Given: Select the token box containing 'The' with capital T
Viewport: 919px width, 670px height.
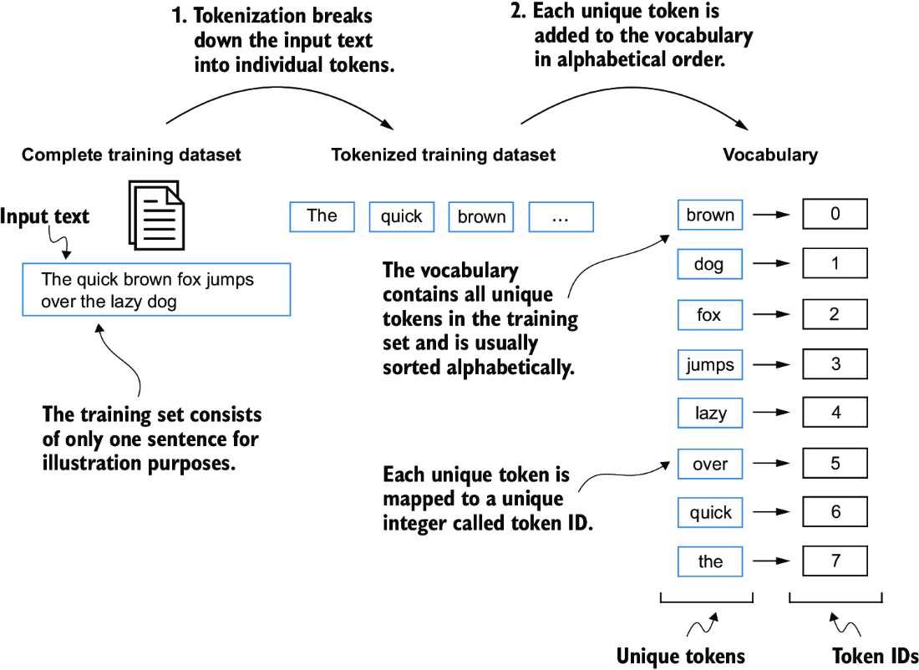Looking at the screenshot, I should pos(322,216).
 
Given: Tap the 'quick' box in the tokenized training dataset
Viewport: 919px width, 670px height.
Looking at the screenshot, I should pos(402,216).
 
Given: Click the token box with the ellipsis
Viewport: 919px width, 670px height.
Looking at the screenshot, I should pos(561,216).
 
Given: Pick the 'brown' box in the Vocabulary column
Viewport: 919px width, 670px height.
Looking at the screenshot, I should pos(710,215).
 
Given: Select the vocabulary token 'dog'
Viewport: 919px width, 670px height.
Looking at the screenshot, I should pos(710,264).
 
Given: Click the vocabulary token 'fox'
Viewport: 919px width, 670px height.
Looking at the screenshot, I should pos(710,315).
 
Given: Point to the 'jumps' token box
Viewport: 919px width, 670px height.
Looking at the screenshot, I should pos(710,364).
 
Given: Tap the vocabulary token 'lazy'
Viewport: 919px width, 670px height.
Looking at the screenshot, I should pos(710,413).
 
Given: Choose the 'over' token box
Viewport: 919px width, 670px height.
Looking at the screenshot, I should pos(710,464).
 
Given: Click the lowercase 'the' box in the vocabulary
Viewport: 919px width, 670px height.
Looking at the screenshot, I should pos(710,561).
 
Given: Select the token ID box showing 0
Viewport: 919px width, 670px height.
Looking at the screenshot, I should pos(835,214).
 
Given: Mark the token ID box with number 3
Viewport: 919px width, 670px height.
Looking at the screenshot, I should pos(835,364).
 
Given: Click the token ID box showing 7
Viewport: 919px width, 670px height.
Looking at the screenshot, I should pos(835,561).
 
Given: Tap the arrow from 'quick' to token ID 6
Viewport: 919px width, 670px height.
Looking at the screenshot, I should pos(771,513).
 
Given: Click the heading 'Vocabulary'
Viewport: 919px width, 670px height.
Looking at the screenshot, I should pos(770,155).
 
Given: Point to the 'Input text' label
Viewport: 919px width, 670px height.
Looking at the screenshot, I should pos(44,217).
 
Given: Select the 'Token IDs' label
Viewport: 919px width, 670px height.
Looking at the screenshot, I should pos(875,656).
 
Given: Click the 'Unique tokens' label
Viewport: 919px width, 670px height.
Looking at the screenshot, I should pos(680,656).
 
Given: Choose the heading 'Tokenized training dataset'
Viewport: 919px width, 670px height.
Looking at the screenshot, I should pos(443,155).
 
